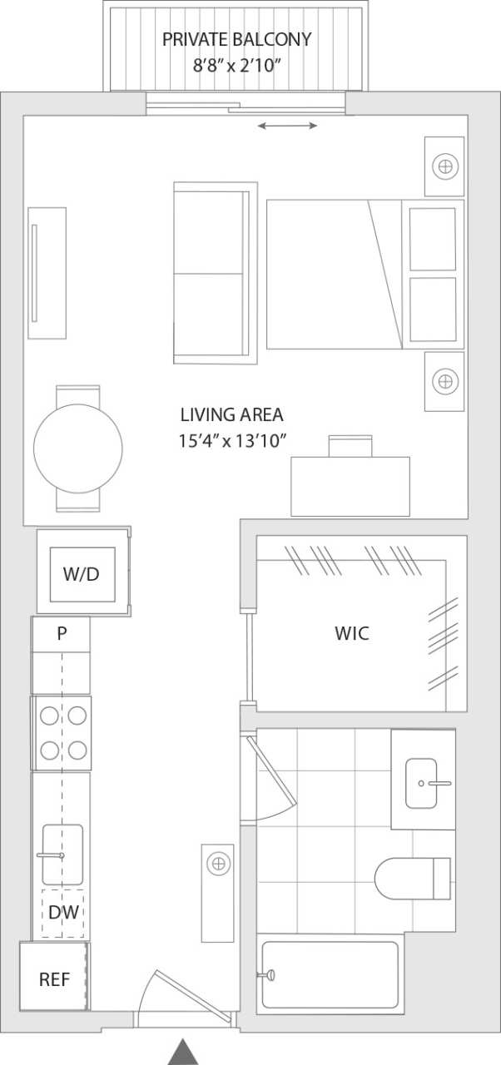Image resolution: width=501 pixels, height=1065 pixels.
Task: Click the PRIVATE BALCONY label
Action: [x=236, y=39]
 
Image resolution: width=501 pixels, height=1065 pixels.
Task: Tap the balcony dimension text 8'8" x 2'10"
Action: [x=236, y=65]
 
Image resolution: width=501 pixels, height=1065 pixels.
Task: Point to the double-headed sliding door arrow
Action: [x=287, y=126]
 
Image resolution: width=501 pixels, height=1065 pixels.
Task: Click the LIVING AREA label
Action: [x=231, y=414]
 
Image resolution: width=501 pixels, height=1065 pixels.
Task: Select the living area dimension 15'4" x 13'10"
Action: [x=232, y=441]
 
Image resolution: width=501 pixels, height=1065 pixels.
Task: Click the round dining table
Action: [x=78, y=448]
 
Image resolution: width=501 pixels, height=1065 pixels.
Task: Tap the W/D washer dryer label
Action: [x=82, y=573]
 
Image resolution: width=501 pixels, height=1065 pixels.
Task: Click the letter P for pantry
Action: [x=62, y=633]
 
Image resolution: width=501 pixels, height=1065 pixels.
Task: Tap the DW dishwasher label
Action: [x=63, y=913]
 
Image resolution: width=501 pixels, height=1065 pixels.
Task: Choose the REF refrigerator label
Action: [x=55, y=979]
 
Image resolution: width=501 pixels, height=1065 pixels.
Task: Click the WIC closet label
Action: [x=351, y=633]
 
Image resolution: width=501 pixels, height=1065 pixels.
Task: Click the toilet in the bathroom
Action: [x=411, y=878]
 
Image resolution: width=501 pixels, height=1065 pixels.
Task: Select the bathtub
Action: [x=330, y=974]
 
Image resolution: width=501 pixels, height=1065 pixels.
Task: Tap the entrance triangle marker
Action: [x=183, y=1052]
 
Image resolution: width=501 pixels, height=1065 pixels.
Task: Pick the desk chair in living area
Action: [x=351, y=446]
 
